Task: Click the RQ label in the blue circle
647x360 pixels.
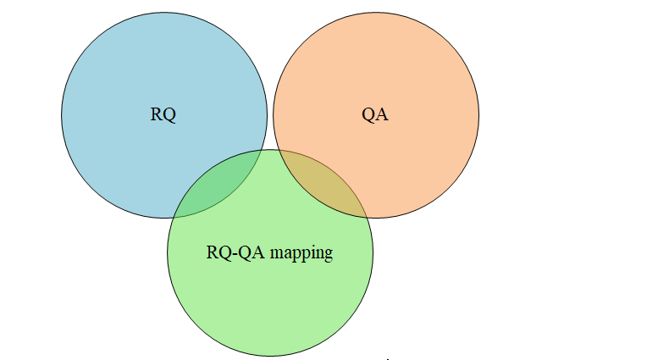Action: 163,114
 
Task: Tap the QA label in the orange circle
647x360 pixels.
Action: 375,114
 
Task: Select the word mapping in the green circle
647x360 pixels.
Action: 301,253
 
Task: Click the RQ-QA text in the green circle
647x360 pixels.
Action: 235,252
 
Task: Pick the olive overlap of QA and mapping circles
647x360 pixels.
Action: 321,186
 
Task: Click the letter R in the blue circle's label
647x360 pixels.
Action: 157,114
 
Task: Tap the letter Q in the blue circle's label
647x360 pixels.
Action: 169,115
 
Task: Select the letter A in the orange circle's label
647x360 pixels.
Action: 382,114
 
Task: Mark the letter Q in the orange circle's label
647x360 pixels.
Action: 368,115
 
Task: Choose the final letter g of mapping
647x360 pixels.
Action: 329,255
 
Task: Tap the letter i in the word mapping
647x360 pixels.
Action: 313,252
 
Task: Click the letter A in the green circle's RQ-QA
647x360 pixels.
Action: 258,252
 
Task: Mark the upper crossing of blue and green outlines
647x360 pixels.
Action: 261,150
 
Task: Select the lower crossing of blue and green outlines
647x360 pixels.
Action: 174,217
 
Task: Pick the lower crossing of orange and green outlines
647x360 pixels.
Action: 367,217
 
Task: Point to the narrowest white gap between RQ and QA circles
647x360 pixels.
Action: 270,115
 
